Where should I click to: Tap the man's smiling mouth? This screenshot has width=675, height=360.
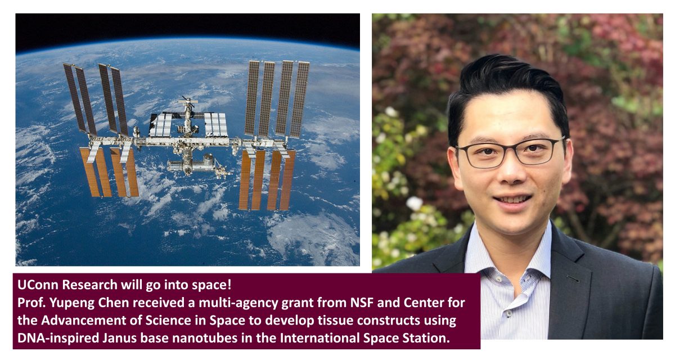[512, 200]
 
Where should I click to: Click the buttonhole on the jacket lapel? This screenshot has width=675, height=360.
[573, 279]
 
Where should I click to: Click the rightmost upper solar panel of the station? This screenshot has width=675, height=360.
[300, 100]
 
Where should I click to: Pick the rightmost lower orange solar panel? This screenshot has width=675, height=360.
[287, 180]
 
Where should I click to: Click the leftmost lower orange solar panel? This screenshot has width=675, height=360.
[90, 172]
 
